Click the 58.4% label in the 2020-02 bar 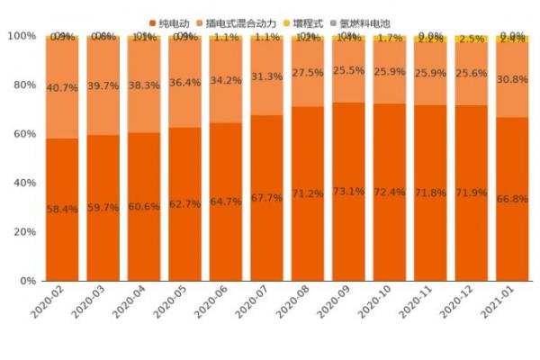tap(62, 210)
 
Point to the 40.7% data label tap(62, 88)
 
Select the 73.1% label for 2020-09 tap(349, 192)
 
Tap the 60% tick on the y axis tap(22, 134)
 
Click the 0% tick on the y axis tap(27, 281)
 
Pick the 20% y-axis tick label tap(22, 232)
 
